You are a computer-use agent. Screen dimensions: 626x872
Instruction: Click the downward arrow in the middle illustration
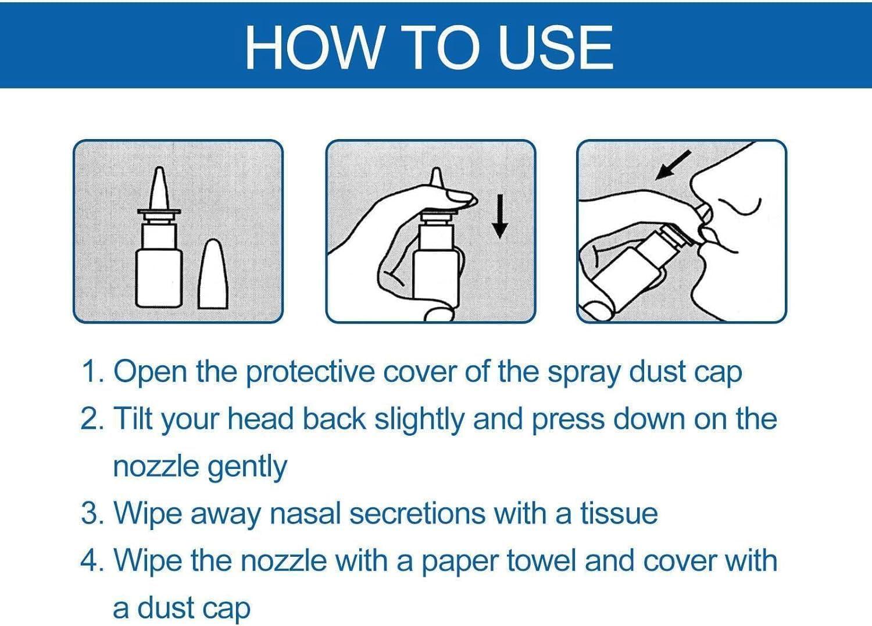point(499,216)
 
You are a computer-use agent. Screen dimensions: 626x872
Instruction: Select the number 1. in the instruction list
point(93,371)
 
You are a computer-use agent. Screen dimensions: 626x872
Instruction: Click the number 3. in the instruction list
point(93,513)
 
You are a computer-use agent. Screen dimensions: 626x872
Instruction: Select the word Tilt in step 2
point(133,418)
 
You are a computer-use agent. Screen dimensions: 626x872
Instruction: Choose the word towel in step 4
point(541,560)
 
